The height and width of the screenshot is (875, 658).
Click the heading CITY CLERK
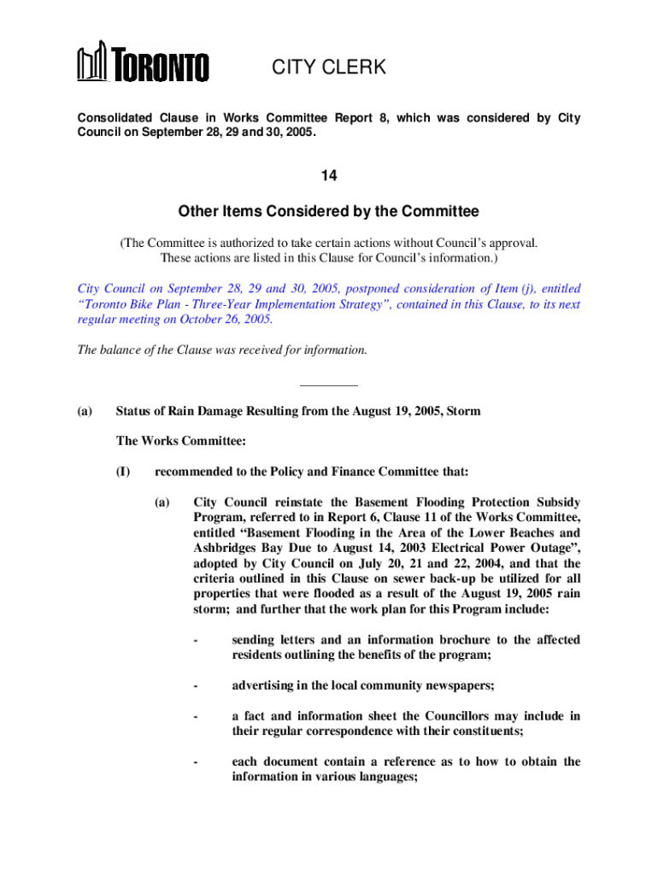pyautogui.click(x=329, y=68)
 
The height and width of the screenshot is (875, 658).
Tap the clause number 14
pyautogui.click(x=329, y=176)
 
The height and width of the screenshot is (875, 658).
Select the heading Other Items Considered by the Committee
pyautogui.click(x=329, y=211)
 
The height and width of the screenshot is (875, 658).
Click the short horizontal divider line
pyautogui.click(x=329, y=385)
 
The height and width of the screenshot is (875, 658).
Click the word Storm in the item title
pyautogui.click(x=462, y=411)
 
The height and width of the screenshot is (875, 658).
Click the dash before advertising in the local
pyautogui.click(x=197, y=685)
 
